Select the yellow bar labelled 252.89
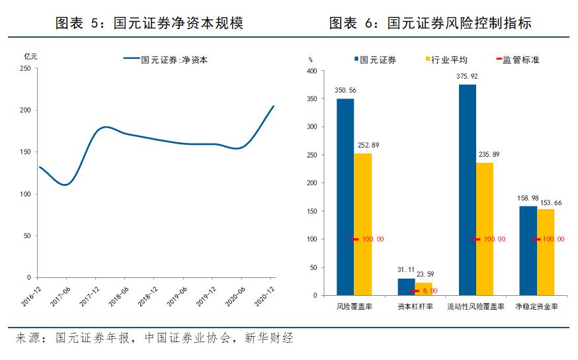click(362, 224)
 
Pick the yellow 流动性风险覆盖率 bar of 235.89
click(484, 229)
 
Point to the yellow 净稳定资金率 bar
click(546, 252)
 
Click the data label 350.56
click(345, 91)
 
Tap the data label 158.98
click(528, 198)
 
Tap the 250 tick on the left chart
click(26, 68)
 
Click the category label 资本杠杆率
click(415, 307)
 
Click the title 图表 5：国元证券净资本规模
click(149, 24)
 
